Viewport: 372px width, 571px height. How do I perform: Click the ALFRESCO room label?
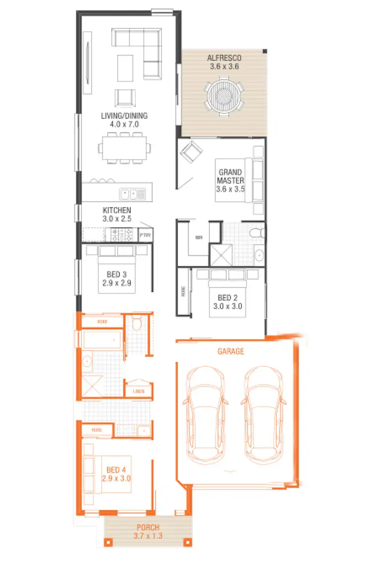coord(223,58)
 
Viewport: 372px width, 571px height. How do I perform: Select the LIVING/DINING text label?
coord(124,116)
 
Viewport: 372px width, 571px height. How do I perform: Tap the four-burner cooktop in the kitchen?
coord(122,233)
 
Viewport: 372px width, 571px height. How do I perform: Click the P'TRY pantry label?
coord(145,235)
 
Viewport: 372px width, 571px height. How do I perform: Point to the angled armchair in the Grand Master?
coord(190,151)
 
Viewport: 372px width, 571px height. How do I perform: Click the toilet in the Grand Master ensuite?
coord(256,232)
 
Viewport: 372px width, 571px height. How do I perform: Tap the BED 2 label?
coord(228,297)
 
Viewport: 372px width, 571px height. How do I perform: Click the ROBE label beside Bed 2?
coord(183,292)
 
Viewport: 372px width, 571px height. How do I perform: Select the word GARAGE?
coord(231,351)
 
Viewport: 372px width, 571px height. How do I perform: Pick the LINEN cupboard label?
coord(138,391)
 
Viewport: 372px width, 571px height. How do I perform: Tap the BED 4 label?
coord(117,470)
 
